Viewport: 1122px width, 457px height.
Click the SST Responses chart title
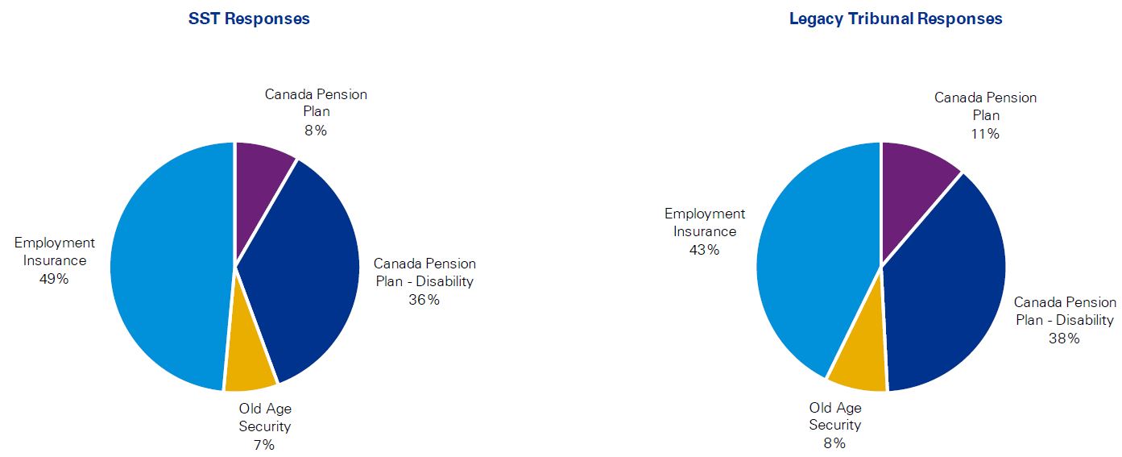point(249,19)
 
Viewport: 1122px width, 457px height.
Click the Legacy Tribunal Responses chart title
point(896,19)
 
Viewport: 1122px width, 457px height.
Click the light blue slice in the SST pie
point(165,266)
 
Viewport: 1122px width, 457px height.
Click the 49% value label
point(54,279)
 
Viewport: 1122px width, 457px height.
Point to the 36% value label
point(424,300)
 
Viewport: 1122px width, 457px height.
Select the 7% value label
point(264,444)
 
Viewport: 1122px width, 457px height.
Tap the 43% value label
point(704,250)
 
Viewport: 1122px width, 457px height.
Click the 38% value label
point(1064,339)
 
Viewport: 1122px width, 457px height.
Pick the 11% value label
point(985,134)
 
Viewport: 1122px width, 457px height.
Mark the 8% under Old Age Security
point(834,442)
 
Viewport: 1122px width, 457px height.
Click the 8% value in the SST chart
point(316,131)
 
